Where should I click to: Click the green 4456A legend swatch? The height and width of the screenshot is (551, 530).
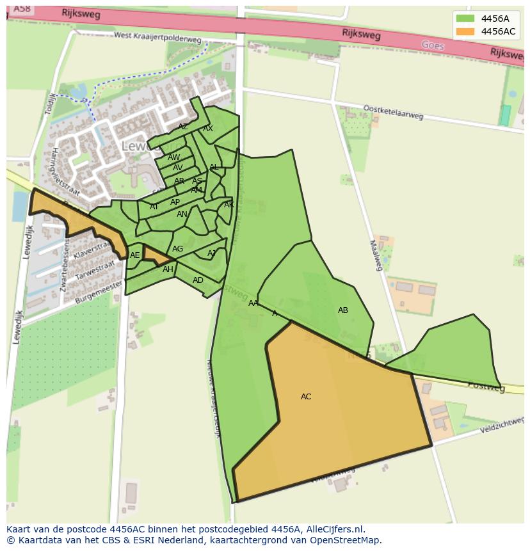click(465, 19)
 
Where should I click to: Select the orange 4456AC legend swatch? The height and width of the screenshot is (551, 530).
click(465, 31)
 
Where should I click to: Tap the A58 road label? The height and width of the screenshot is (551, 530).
click(21, 8)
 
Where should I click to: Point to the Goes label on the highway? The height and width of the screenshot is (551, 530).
click(433, 45)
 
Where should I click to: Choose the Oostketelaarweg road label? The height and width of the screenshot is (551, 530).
click(393, 112)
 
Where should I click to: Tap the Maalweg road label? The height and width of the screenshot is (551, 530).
click(376, 255)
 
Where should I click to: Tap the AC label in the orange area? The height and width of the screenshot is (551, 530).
click(306, 397)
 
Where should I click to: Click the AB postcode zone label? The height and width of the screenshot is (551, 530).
click(343, 310)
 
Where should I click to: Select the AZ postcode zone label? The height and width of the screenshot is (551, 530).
click(183, 127)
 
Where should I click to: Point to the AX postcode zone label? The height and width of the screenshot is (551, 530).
click(208, 129)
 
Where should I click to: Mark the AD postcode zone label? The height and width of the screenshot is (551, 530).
click(198, 280)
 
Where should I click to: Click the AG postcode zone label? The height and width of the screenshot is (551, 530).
click(177, 249)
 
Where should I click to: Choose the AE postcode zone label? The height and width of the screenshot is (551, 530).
click(134, 255)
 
